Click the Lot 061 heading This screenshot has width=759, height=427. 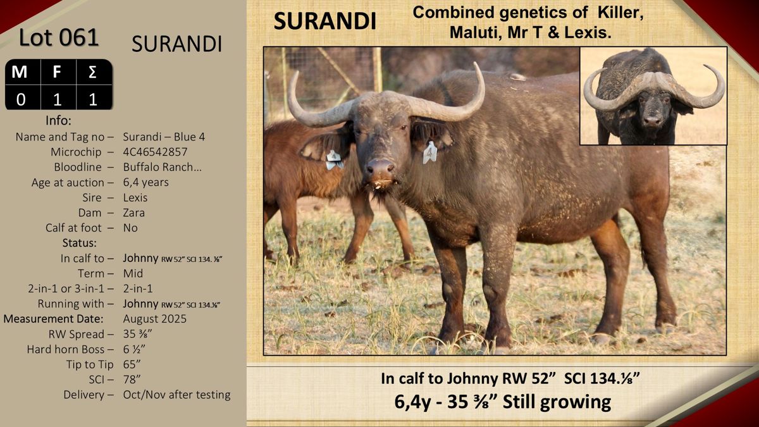click(x=59, y=37)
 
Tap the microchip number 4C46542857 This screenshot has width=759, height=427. click(x=155, y=152)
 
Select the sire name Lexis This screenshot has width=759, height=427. click(x=135, y=197)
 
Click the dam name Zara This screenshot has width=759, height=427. click(x=134, y=213)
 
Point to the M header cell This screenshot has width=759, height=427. click(x=20, y=72)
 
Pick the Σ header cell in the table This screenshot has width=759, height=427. click(x=93, y=72)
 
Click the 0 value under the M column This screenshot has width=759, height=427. click(x=21, y=99)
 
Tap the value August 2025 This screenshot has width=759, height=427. click(x=154, y=319)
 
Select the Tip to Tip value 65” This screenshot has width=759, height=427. click(x=132, y=364)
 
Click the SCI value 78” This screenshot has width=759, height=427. click(x=132, y=380)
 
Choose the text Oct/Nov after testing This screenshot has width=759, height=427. click(x=176, y=395)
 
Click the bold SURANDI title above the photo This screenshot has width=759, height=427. click(x=324, y=21)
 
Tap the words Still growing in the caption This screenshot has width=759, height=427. click(x=557, y=402)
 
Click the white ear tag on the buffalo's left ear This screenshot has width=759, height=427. click(x=429, y=152)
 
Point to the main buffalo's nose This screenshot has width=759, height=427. click(x=380, y=168)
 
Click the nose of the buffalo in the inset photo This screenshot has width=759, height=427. click(x=652, y=121)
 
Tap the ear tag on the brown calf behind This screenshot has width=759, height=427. click(x=334, y=159)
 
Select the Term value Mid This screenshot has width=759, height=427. click(x=133, y=273)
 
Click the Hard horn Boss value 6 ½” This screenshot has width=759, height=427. click(x=134, y=349)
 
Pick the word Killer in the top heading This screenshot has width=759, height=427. click(x=620, y=13)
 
